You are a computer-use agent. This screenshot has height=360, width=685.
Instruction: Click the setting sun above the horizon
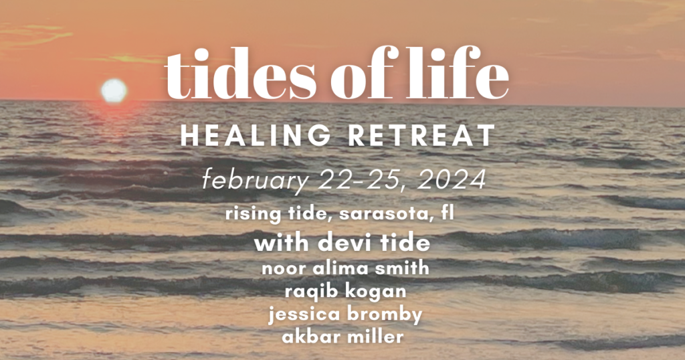pos(114,91)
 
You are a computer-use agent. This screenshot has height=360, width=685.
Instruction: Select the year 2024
pos(452,179)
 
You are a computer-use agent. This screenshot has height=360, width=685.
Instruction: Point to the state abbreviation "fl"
pos(447,213)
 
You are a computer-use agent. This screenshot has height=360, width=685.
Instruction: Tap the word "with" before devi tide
pos(282,243)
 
